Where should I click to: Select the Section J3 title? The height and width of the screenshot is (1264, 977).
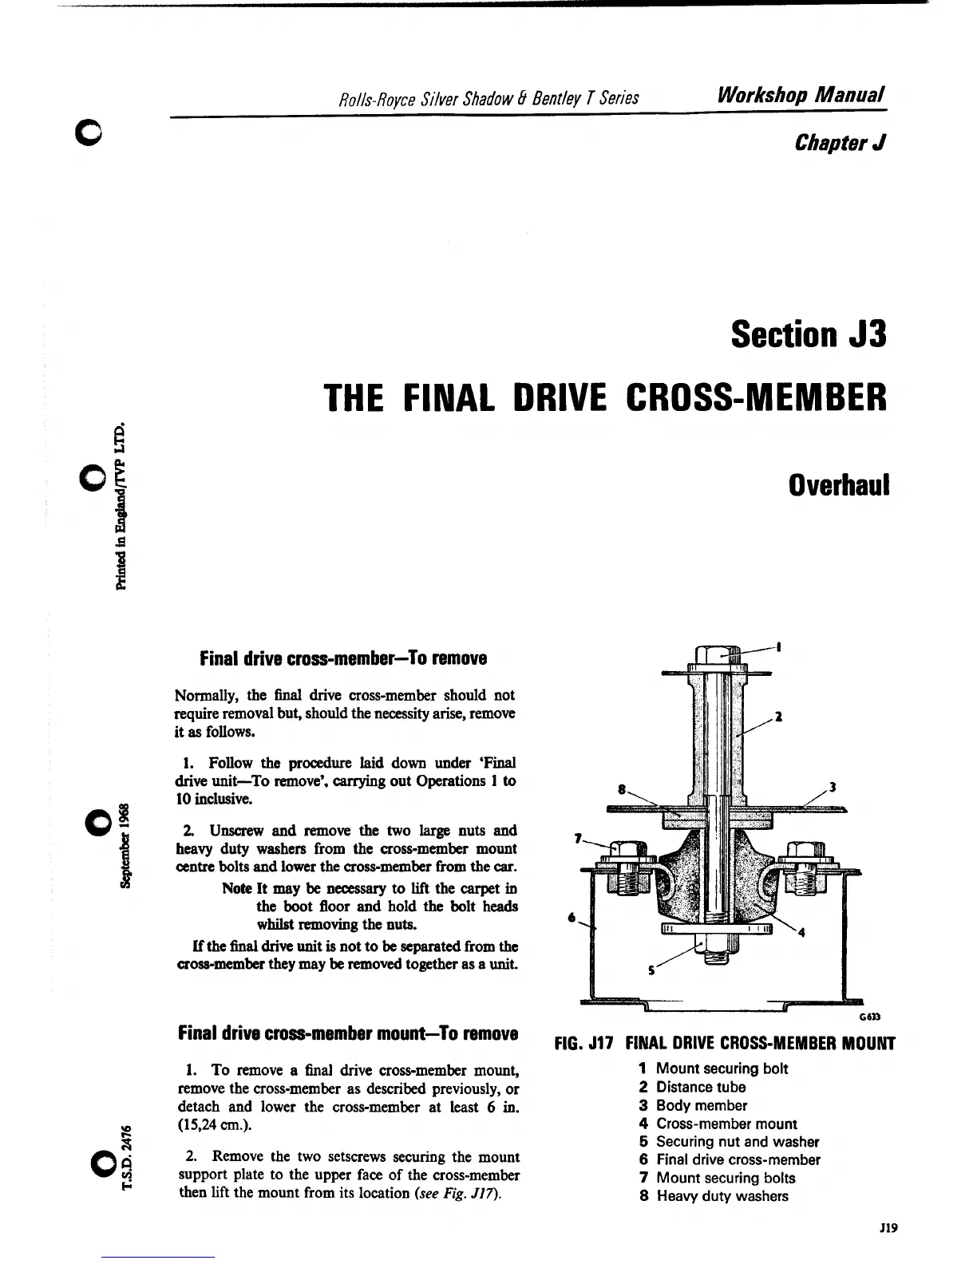coord(808,334)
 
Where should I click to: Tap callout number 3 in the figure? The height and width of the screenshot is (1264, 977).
coord(833,788)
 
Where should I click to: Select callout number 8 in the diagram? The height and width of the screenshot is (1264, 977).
coord(621,788)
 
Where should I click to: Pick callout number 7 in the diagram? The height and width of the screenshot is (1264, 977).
coord(578,838)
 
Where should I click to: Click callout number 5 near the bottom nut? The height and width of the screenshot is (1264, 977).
coord(652,971)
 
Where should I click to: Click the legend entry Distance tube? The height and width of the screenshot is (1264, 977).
coord(700,1087)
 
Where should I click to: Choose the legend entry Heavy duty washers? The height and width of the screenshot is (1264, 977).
coord(722,1196)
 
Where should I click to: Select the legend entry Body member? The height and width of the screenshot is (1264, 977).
coord(701,1105)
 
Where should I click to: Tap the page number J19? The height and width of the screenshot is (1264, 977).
coord(888,1229)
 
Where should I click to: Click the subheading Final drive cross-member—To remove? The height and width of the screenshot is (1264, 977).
coord(343,659)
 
